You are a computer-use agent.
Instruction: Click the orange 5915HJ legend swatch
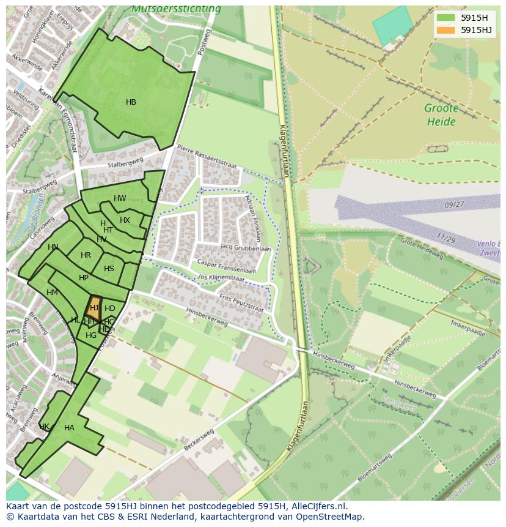tap(446, 30)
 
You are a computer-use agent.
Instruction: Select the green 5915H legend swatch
tap(446, 17)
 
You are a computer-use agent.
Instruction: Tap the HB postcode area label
tap(131, 102)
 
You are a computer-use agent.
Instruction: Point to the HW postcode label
tap(120, 198)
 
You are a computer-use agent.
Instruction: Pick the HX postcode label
tap(125, 220)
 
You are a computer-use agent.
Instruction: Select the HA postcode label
tap(69, 428)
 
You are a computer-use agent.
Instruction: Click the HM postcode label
tap(52, 293)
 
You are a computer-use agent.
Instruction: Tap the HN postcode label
tap(53, 247)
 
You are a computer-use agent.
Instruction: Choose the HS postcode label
tap(109, 269)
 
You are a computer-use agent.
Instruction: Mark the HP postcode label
tap(84, 278)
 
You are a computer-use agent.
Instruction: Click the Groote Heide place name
tap(441, 115)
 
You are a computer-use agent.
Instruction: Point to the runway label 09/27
tap(455, 204)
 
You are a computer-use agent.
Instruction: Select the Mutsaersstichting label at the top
tap(176, 9)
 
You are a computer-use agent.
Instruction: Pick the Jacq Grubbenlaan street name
tap(246, 248)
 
